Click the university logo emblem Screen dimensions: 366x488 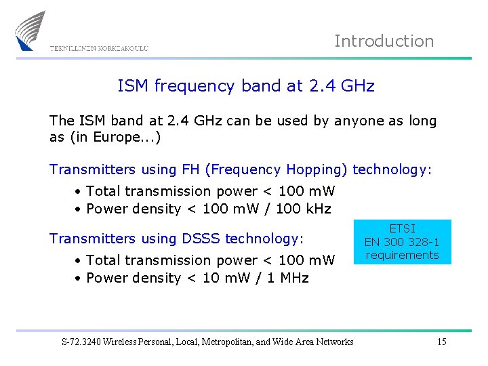(x=30, y=30)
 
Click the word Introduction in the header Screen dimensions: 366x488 (x=384, y=41)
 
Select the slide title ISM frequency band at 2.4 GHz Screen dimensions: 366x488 (x=245, y=86)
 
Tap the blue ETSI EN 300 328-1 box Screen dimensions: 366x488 (x=401, y=242)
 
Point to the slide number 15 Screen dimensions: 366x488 (x=441, y=342)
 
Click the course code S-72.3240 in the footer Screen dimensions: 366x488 (x=83, y=342)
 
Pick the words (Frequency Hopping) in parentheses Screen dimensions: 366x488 (x=274, y=169)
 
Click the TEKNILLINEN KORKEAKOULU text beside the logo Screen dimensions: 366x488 (x=99, y=48)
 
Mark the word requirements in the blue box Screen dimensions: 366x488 (x=402, y=255)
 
